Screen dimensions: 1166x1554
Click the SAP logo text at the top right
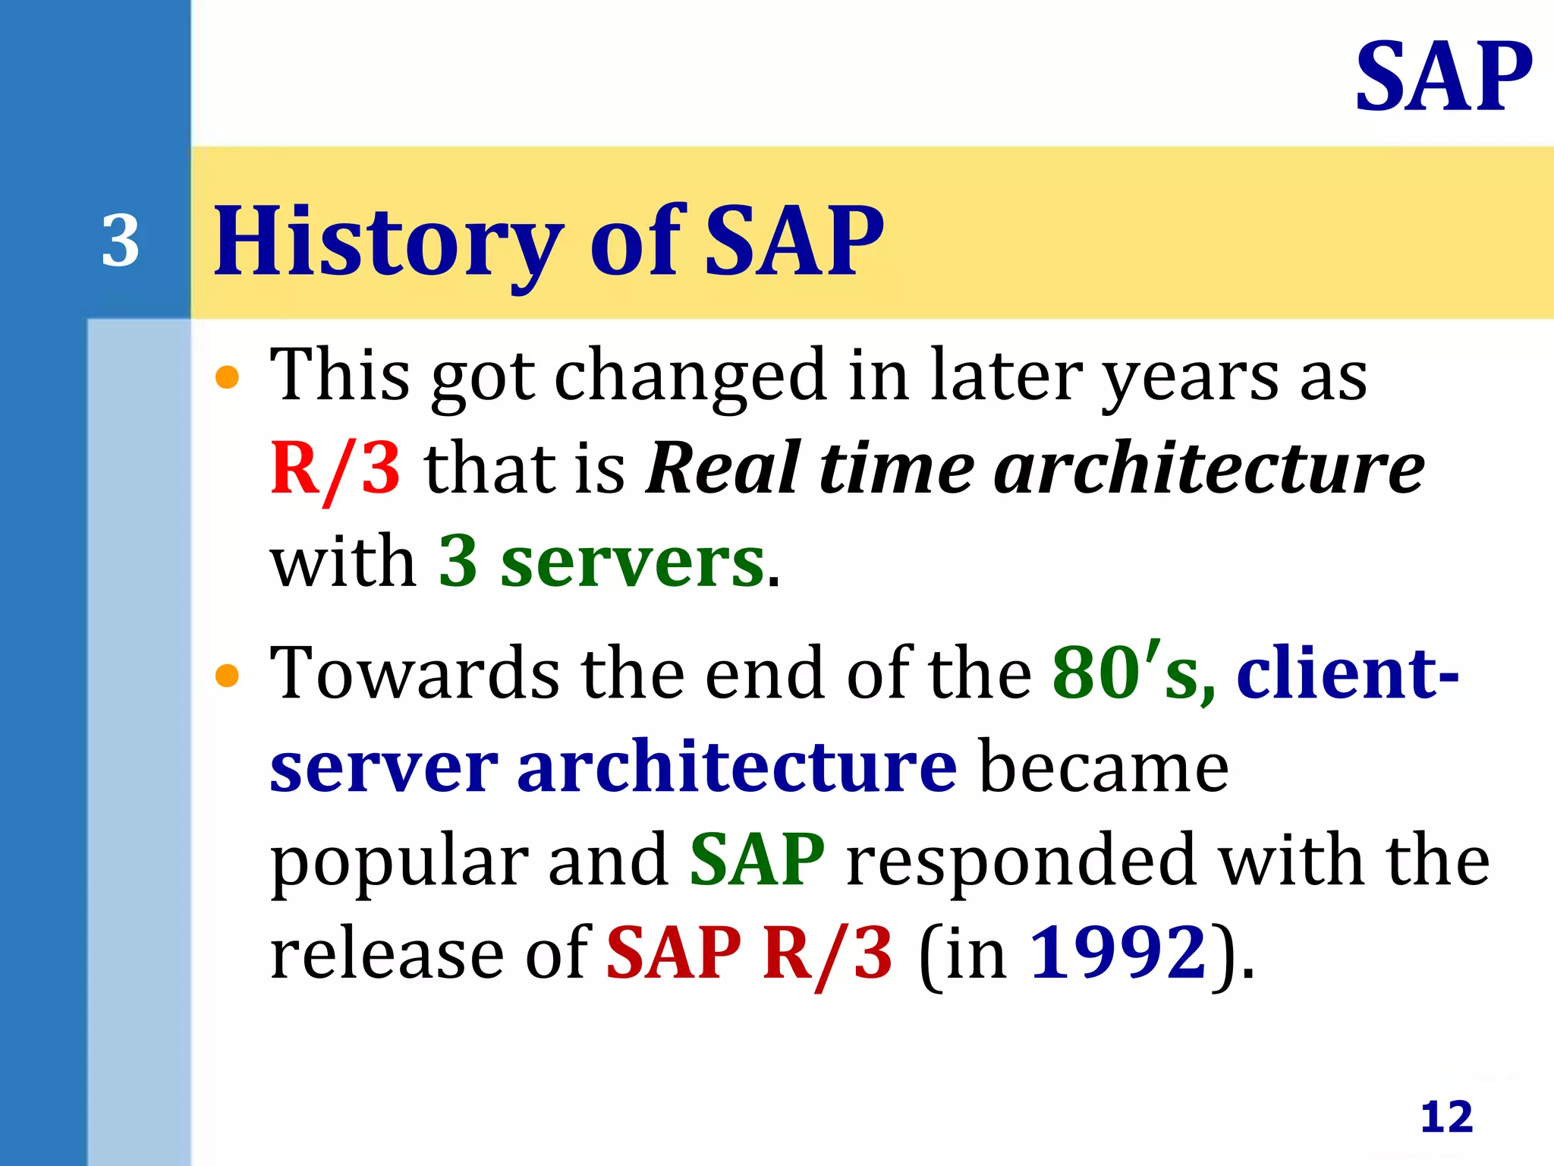click(x=1443, y=77)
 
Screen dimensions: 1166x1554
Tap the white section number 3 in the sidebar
click(x=121, y=241)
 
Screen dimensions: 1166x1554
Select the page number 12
click(x=1446, y=1117)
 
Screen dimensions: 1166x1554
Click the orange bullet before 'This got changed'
click(x=227, y=377)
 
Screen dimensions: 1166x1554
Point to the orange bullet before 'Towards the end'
click(x=227, y=675)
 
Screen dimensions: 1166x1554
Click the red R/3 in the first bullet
click(x=335, y=469)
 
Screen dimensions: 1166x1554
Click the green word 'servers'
click(x=632, y=562)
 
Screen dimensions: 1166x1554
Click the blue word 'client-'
click(x=1348, y=673)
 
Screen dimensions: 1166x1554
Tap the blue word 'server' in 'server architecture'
click(x=384, y=767)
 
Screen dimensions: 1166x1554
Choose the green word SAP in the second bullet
click(x=757, y=860)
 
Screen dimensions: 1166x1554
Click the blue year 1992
click(x=1118, y=953)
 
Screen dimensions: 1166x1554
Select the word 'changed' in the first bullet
click(x=690, y=377)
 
